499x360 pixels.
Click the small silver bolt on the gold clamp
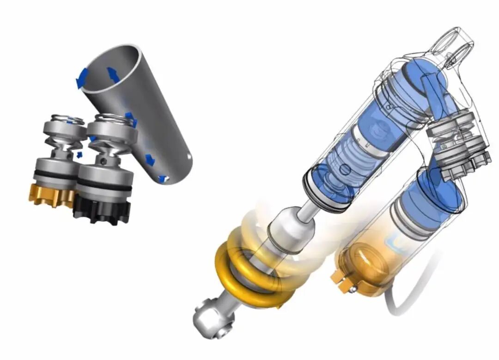(353, 289)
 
